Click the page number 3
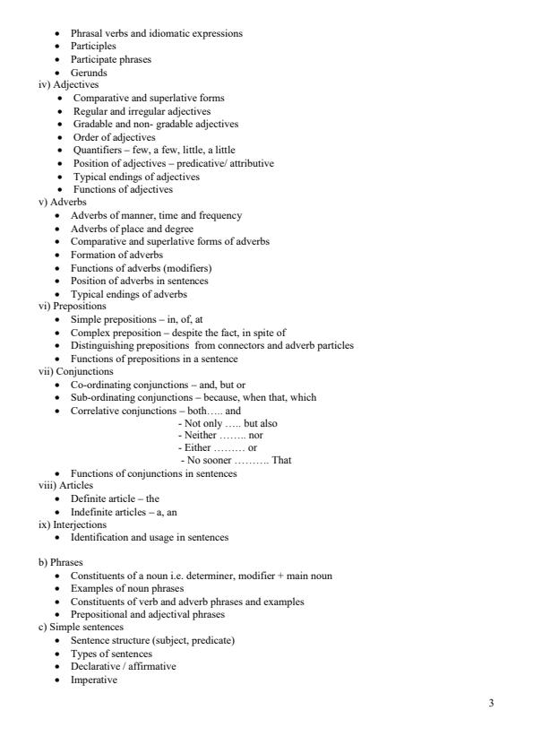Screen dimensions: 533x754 [x=490, y=702]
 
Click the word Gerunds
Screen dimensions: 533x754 [x=90, y=72]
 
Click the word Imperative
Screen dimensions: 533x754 [x=94, y=680]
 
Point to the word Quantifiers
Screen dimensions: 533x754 [x=96, y=150]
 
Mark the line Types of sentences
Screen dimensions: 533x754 [x=111, y=654]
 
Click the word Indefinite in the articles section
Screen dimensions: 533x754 [x=90, y=511]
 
